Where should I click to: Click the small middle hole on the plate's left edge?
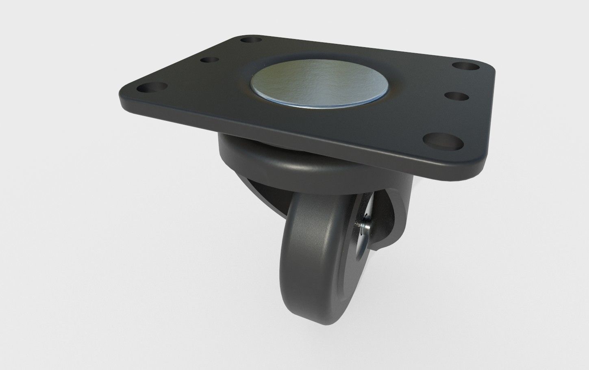(x=209, y=61)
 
